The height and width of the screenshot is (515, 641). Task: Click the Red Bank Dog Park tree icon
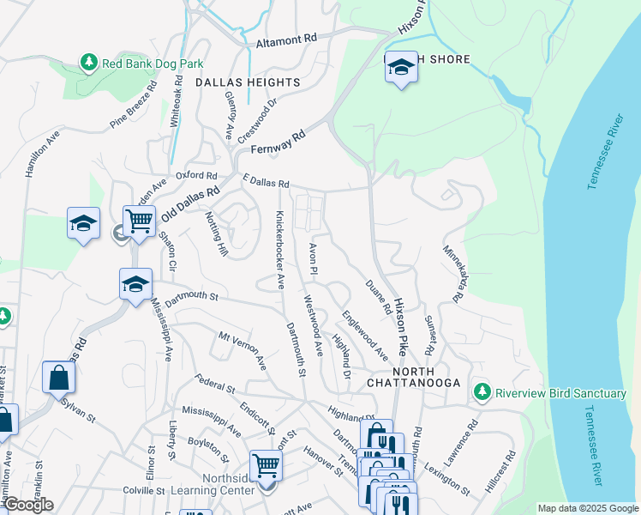coord(88,62)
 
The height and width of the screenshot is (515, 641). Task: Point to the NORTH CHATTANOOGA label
coord(415,382)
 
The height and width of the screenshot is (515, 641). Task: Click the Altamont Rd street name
coord(286,39)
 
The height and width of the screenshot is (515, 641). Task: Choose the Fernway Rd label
coord(278,142)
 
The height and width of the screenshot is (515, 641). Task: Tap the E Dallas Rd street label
coord(266,183)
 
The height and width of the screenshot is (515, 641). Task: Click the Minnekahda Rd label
coord(453,273)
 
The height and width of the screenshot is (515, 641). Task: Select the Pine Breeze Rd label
coord(134,106)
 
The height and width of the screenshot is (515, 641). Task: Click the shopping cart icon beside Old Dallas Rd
coord(139,221)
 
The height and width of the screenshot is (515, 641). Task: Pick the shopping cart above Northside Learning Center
coord(267,467)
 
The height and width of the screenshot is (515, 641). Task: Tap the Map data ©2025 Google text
coord(588,508)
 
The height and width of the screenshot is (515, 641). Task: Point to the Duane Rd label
coord(378,296)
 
